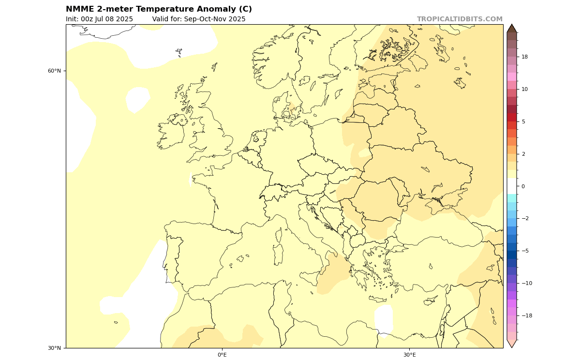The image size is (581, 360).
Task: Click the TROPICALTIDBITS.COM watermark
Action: (x=460, y=19)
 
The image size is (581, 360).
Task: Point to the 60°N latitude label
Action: (x=54, y=71)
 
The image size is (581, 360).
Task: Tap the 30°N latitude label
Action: (x=54, y=348)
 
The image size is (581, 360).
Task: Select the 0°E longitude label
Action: (x=222, y=355)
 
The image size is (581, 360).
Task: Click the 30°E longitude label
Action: (x=409, y=355)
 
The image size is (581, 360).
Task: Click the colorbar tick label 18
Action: (x=524, y=57)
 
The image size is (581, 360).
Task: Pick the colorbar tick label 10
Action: (x=524, y=90)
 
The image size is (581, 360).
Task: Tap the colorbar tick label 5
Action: (x=523, y=122)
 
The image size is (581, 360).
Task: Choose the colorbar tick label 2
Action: (x=523, y=154)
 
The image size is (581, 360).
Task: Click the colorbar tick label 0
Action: (x=523, y=186)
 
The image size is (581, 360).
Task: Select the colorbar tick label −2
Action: (x=524, y=219)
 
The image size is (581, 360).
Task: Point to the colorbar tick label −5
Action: (x=524, y=251)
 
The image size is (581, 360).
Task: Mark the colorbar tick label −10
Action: (x=526, y=284)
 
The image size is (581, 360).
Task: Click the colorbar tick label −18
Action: (x=526, y=316)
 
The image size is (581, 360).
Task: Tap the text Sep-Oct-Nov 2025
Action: (x=215, y=19)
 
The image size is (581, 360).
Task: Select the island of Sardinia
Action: (x=278, y=254)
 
